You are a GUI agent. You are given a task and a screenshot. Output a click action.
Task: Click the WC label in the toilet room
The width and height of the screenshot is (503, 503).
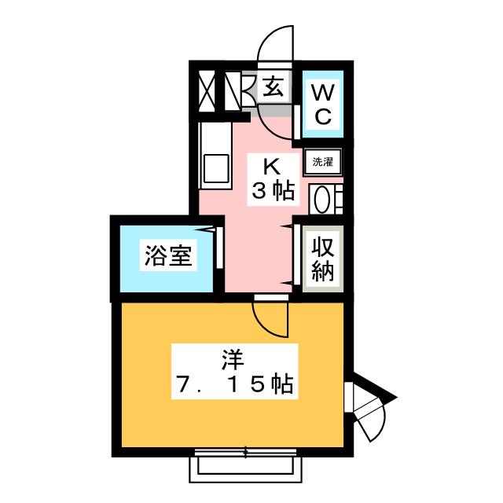[x=323, y=105]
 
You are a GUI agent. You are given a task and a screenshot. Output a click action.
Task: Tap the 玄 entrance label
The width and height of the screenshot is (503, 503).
[x=273, y=86]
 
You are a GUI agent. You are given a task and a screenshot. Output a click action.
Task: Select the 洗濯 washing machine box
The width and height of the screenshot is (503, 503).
[x=322, y=162]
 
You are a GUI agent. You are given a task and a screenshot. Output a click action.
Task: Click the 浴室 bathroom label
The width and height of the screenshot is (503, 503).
[x=168, y=255]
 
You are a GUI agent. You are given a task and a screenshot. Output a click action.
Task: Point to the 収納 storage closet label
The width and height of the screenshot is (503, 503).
[x=323, y=259]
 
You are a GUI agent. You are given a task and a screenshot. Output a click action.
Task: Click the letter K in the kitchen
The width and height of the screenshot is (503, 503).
[x=273, y=167]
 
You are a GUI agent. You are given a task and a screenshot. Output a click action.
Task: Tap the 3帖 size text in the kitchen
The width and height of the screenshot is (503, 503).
[x=273, y=191]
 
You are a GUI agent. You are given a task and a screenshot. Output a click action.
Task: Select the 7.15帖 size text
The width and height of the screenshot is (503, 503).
[x=235, y=384]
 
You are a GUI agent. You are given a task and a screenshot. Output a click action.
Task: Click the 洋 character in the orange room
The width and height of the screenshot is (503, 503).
[x=233, y=360]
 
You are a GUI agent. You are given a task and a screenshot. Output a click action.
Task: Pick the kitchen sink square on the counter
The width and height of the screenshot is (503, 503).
[x=216, y=168]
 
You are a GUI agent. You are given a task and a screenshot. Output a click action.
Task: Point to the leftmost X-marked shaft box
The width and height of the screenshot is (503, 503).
[x=207, y=91]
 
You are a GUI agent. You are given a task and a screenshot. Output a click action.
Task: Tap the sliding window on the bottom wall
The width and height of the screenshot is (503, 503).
[x=245, y=453]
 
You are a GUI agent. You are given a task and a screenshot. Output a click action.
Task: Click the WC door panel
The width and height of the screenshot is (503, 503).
[x=297, y=122]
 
